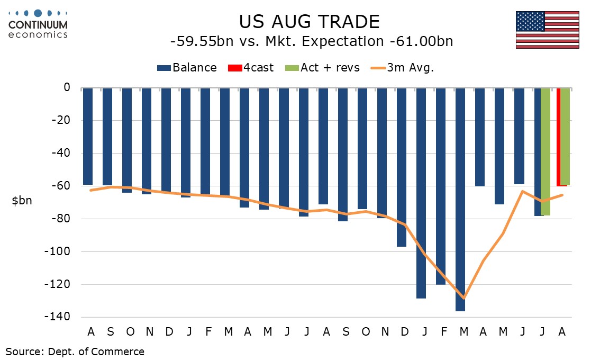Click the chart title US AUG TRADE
point(310,22)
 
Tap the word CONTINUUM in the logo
point(38,24)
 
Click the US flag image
point(548,30)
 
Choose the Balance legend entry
point(187,68)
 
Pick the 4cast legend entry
point(250,68)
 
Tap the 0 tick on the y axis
point(67,87)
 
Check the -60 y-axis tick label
point(62,186)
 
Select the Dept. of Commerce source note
point(75,351)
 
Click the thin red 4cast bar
point(558,137)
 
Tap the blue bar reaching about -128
point(421,193)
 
